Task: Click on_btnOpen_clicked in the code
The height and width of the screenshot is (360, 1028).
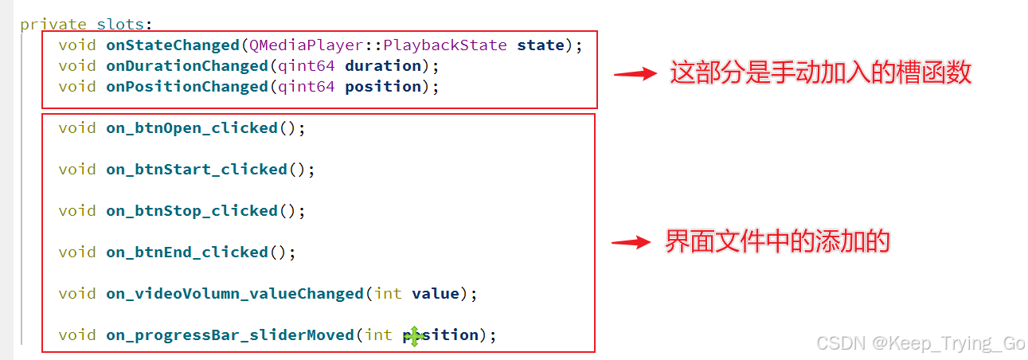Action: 192,128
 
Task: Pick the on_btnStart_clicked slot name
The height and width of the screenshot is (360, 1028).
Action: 197,170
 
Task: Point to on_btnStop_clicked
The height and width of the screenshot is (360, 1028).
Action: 192,211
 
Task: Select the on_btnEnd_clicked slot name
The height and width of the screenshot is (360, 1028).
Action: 187,252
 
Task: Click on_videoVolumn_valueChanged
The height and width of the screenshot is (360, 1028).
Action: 235,294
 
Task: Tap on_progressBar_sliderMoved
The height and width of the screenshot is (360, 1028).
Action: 230,335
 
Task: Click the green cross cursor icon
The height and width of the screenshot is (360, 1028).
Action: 413,337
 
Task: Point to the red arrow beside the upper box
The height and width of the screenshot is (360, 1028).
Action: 635,74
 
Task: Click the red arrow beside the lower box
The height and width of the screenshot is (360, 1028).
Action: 631,243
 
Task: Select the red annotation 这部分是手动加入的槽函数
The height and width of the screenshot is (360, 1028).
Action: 820,73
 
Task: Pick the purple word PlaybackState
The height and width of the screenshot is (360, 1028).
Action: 445,45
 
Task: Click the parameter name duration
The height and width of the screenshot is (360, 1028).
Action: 383,66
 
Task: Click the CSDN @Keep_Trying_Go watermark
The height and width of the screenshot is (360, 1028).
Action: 921,343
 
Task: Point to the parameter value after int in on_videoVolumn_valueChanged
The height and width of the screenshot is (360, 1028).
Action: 436,294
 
